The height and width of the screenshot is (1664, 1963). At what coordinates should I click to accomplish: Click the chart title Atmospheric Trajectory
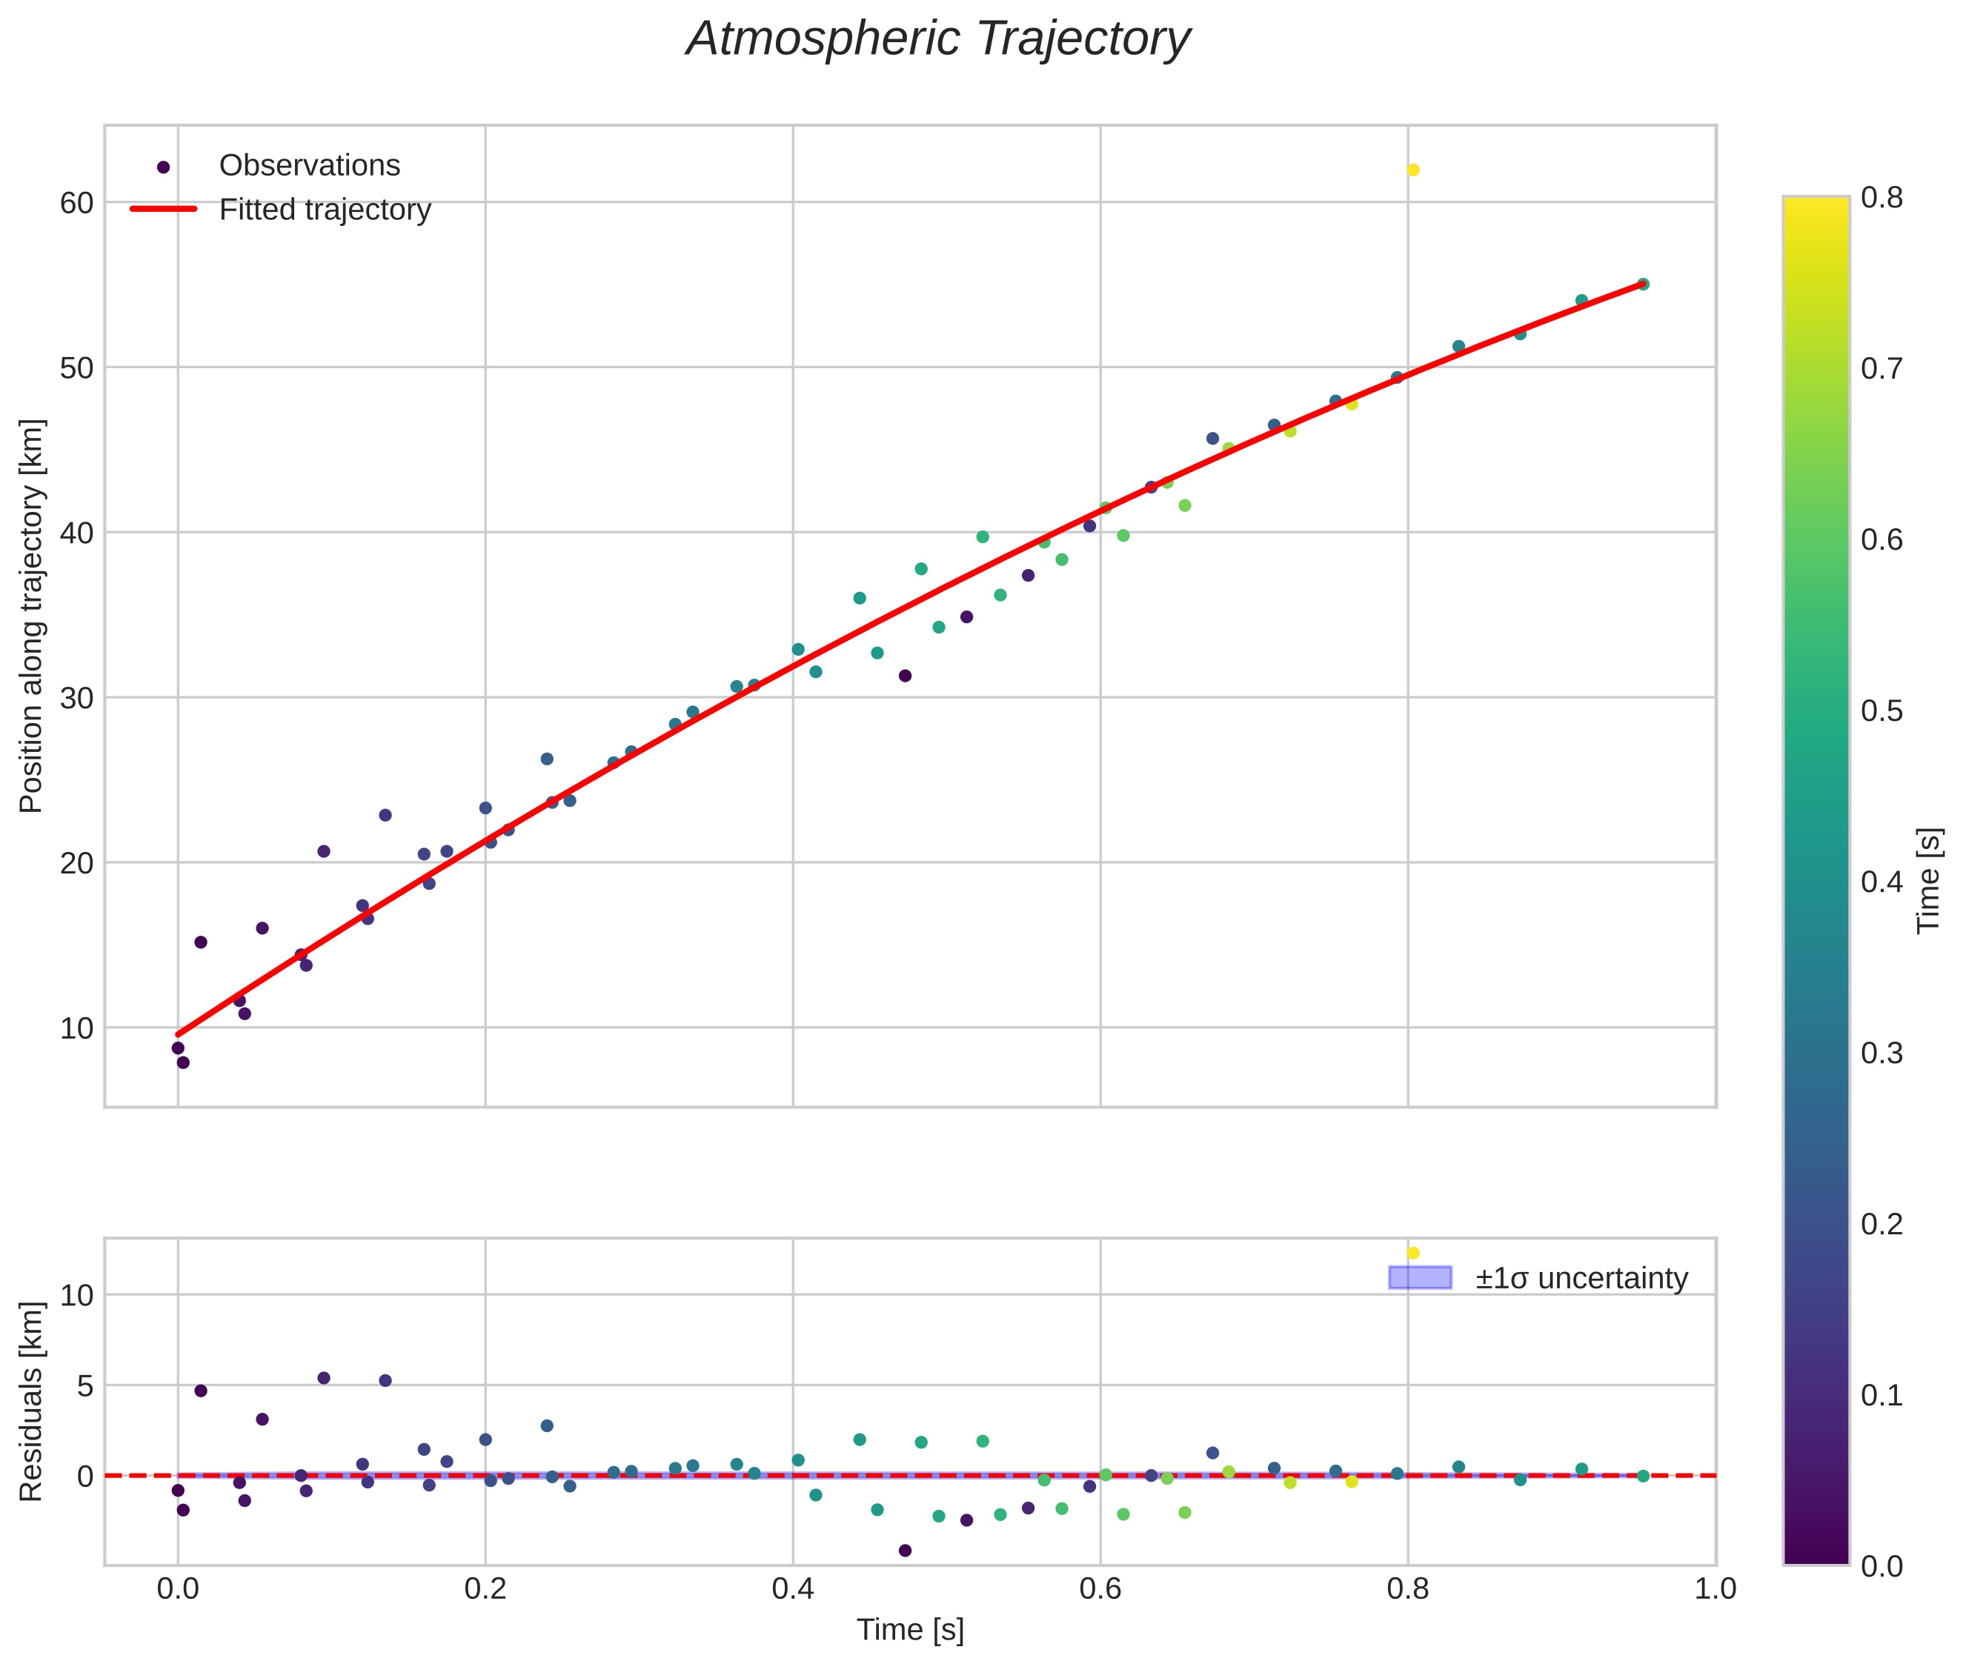pyautogui.click(x=937, y=39)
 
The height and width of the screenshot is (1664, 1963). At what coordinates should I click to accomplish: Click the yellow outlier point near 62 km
pyautogui.click(x=1412, y=170)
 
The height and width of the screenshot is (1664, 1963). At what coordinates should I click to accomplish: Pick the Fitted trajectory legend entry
pyautogui.click(x=325, y=210)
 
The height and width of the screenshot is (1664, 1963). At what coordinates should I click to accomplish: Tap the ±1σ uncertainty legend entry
pyautogui.click(x=1581, y=1278)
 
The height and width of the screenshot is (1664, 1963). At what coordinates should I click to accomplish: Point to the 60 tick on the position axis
pyautogui.click(x=77, y=203)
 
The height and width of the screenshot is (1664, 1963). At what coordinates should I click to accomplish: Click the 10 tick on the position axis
pyautogui.click(x=77, y=1028)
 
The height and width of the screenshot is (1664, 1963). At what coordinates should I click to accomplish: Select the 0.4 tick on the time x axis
pyautogui.click(x=792, y=1588)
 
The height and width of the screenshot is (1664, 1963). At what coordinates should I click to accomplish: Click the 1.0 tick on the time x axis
pyautogui.click(x=1715, y=1588)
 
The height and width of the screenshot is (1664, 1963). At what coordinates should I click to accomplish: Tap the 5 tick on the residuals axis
pyautogui.click(x=85, y=1385)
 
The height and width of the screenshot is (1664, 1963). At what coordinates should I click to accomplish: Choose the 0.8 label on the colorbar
pyautogui.click(x=1881, y=197)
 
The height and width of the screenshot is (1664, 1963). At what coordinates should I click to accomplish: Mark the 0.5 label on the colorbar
pyautogui.click(x=1881, y=711)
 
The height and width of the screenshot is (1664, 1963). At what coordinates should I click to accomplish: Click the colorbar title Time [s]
pyautogui.click(x=1929, y=880)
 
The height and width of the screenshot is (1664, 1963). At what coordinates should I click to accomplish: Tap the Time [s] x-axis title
pyautogui.click(x=910, y=1630)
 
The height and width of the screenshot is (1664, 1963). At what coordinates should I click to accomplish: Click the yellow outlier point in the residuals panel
pyautogui.click(x=1412, y=1253)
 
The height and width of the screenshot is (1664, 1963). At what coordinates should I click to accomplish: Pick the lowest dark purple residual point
pyautogui.click(x=905, y=1550)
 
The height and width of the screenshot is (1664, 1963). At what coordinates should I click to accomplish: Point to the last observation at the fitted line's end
pyautogui.click(x=1642, y=284)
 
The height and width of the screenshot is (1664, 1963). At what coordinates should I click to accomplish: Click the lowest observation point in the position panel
pyautogui.click(x=183, y=1062)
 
